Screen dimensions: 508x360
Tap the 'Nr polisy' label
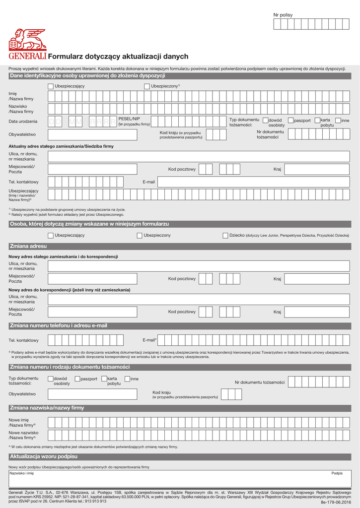click(283, 15)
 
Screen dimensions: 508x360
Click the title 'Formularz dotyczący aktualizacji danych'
click(118, 57)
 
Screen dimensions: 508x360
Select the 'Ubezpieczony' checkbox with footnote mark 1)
click(147, 86)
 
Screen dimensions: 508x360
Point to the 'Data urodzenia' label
click(23, 122)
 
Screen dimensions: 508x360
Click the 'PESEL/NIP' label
click(129, 119)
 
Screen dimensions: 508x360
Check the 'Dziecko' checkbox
click(225, 235)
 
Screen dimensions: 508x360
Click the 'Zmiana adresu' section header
click(28, 246)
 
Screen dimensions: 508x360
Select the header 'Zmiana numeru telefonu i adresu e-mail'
click(59, 325)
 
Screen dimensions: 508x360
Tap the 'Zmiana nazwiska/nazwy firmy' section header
click(47, 408)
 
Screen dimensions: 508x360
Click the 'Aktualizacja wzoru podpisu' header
click(44, 456)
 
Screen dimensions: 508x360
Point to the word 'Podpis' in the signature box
click(337, 473)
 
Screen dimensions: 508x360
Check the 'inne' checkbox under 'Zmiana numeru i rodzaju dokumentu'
click(128, 379)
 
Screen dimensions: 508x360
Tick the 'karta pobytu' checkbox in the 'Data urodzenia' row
click(317, 121)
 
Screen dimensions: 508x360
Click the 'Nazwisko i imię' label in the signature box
click(21, 473)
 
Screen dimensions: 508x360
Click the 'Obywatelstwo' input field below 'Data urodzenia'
click(92, 134)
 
